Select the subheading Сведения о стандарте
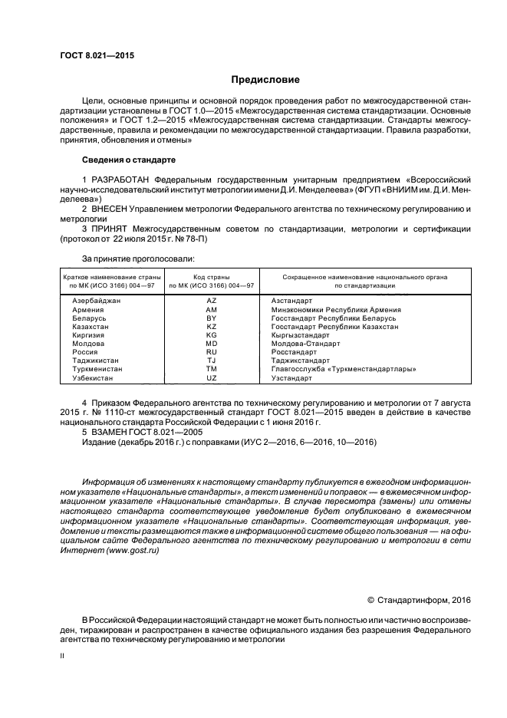point(128,160)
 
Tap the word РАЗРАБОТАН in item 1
point(122,179)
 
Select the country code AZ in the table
point(212,301)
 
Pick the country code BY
point(212,318)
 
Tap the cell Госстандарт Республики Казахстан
point(334,326)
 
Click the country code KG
point(212,335)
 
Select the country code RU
point(212,352)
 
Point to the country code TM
point(212,369)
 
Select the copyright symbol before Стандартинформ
point(371,600)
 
